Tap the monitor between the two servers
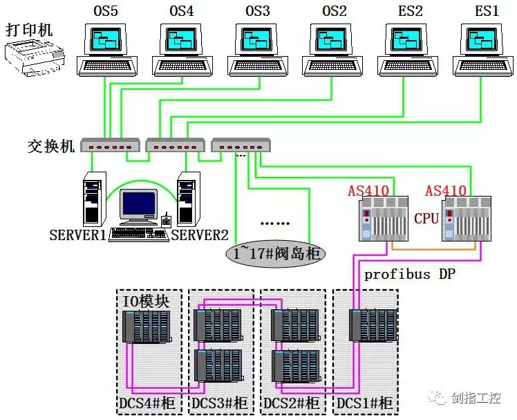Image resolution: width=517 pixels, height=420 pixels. [140, 206]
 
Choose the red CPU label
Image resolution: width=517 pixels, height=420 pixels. [426, 219]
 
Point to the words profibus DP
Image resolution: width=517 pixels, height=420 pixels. [410, 274]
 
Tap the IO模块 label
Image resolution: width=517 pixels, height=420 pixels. [146, 301]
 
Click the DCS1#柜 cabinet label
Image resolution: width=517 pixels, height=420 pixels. [364, 403]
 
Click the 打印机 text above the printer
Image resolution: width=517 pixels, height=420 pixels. [29, 30]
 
